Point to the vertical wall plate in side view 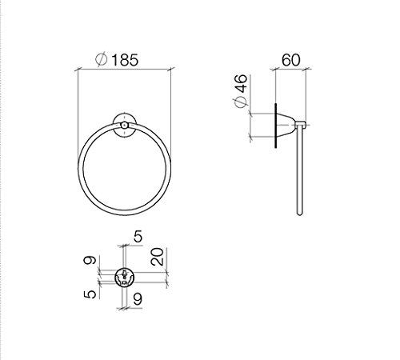(276, 125)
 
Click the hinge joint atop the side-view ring (302, 123)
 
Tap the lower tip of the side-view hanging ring (302, 216)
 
